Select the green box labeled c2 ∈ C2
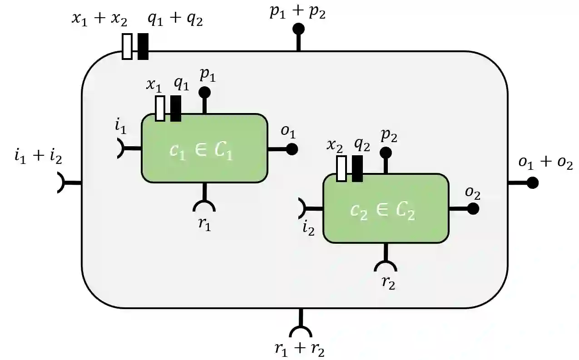coord(386,208)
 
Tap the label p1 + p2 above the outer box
coord(297,12)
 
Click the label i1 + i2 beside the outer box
coord(38,157)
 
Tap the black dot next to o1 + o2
coord(532,182)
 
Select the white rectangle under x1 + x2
coord(127,46)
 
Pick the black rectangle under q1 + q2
coord(143,46)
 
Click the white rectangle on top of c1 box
coord(160,108)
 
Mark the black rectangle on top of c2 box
coord(357,168)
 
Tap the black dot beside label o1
coord(292,149)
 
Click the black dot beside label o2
coord(473,208)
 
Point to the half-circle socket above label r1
coord(204,207)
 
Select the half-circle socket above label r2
coord(386,267)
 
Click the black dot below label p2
coord(386,152)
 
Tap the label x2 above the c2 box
coord(336,146)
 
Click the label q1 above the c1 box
coord(181,84)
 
